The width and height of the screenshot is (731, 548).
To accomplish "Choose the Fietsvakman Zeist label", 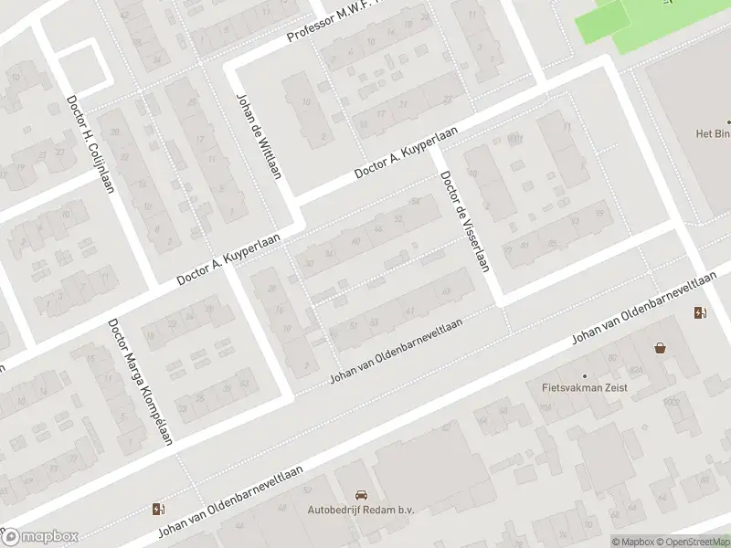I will pyautogui.click(x=586, y=388).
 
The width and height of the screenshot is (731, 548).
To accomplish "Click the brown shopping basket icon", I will pyautogui.click(x=660, y=348).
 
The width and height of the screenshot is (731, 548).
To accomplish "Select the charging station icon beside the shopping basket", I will pyautogui.click(x=700, y=313).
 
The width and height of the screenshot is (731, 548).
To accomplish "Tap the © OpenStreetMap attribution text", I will pyautogui.click(x=693, y=542).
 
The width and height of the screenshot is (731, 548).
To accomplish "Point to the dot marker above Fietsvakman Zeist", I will pyautogui.click(x=586, y=375).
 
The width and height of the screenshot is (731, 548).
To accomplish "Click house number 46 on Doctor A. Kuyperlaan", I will pyautogui.click(x=378, y=228).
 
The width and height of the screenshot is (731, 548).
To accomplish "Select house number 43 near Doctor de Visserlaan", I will pyautogui.click(x=446, y=292).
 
